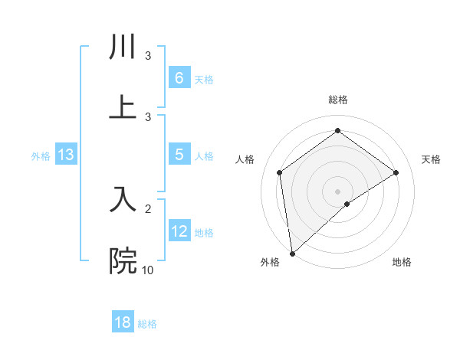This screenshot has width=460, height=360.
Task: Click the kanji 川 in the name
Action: pyautogui.click(x=123, y=47)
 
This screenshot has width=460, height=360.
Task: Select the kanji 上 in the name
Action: pyautogui.click(x=123, y=107)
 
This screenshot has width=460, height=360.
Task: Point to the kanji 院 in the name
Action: pyautogui.click(x=123, y=260)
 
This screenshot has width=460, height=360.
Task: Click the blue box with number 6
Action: pyautogui.click(x=179, y=77)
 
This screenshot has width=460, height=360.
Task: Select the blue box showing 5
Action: pyautogui.click(x=179, y=155)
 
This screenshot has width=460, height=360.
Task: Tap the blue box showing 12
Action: pyautogui.click(x=179, y=231)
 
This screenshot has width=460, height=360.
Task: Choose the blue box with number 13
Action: pyautogui.click(x=66, y=155)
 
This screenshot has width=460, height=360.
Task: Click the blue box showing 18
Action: pyautogui.click(x=123, y=322)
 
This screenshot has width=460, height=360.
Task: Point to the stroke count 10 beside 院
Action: pyautogui.click(x=148, y=270)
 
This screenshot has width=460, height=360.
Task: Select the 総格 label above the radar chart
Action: pyautogui.click(x=337, y=100)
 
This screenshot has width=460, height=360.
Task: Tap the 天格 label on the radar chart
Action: pyautogui.click(x=431, y=159)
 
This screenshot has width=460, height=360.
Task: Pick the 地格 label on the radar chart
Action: pyautogui.click(x=402, y=262)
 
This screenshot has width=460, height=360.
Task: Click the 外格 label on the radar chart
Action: pyautogui.click(x=270, y=262)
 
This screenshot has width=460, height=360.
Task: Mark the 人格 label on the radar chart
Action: pyautogui.click(x=245, y=159)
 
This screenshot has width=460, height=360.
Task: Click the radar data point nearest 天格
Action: pyautogui.click(x=396, y=172)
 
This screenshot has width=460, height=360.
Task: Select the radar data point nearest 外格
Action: pyautogui.click(x=291, y=253)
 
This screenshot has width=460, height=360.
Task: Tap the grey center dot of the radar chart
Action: pyautogui.click(x=337, y=191)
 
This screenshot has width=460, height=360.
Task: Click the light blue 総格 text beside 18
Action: pyautogui.click(x=147, y=324)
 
